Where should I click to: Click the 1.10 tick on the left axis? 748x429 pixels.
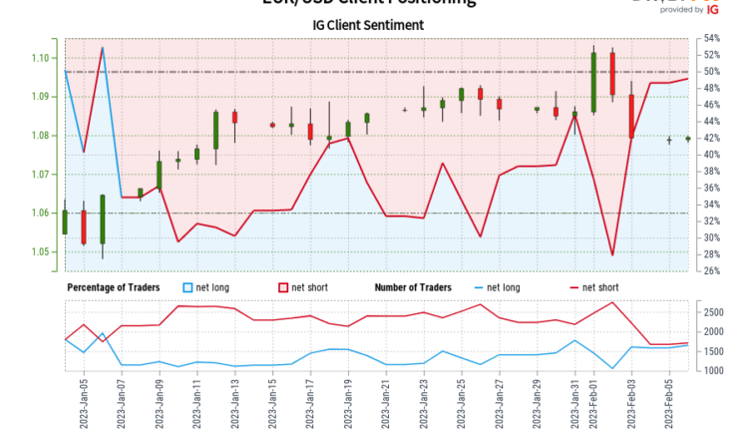41,58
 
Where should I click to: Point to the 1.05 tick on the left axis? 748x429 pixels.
41,251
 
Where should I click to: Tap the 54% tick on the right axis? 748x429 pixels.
711,39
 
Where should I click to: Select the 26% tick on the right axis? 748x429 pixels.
711,270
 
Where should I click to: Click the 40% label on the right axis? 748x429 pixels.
711,155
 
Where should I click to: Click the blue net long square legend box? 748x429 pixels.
188,288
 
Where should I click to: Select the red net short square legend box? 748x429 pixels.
282,288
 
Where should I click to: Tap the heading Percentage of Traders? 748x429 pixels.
114,288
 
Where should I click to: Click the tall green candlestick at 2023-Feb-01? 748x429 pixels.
593,82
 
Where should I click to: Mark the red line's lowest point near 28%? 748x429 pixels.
612,255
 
